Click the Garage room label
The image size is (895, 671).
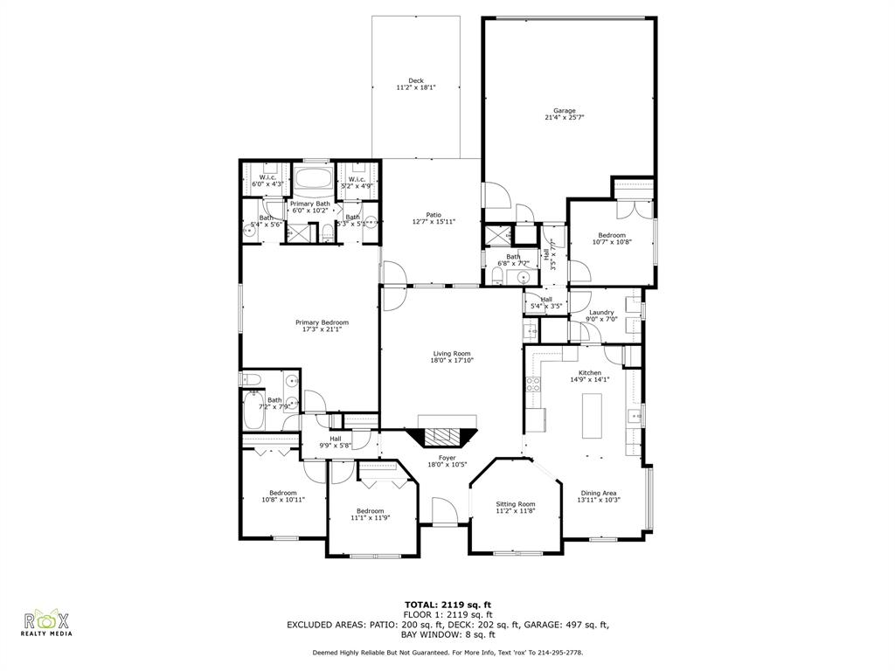click(564, 111)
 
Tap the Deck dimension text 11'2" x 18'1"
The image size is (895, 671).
click(415, 87)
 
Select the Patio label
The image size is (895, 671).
click(434, 215)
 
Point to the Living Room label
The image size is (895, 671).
click(451, 354)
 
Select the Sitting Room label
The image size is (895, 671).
click(516, 504)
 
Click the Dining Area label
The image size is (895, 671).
click(600, 493)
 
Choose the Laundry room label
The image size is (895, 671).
click(601, 312)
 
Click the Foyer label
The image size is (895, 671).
click(447, 458)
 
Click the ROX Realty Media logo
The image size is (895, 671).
click(46, 623)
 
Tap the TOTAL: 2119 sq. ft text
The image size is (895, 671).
click(447, 604)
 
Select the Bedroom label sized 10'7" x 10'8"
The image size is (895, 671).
click(611, 235)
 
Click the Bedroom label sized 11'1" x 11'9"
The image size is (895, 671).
click(370, 511)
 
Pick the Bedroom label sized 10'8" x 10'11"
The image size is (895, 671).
click(283, 493)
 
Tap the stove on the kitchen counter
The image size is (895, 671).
click(532, 384)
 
